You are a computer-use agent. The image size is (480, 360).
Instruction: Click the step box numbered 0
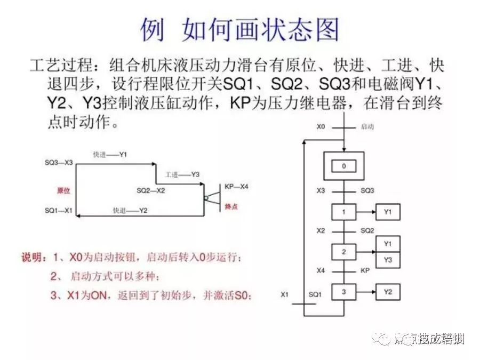coord(344,166)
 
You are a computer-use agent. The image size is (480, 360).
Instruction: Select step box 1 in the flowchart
coord(344,212)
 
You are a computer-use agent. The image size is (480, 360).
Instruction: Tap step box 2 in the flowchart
coord(344,251)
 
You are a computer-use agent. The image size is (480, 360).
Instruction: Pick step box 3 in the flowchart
coord(344,292)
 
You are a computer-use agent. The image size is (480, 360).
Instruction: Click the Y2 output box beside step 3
coord(388,292)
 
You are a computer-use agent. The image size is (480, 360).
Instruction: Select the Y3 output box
coord(388,260)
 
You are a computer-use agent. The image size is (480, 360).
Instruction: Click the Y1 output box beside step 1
coord(388,212)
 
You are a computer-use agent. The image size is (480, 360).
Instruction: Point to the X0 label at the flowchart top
coord(321,127)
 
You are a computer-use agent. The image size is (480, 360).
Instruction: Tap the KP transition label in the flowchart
coord(365,271)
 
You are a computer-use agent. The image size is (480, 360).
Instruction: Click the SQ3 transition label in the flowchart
coord(367,190)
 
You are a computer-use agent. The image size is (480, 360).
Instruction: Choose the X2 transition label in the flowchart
coord(321,230)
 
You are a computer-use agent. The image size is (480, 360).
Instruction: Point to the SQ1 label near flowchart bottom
coord(316,294)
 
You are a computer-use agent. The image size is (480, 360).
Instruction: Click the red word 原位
coord(64,190)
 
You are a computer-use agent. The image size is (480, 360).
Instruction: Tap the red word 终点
coord(231,206)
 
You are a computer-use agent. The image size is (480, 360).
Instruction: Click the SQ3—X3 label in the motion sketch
coord(59,161)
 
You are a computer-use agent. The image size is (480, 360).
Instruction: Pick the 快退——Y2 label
coord(130,211)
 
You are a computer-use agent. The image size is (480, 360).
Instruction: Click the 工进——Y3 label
coord(182,174)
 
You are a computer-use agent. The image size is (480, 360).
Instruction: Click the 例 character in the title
coord(153,29)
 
